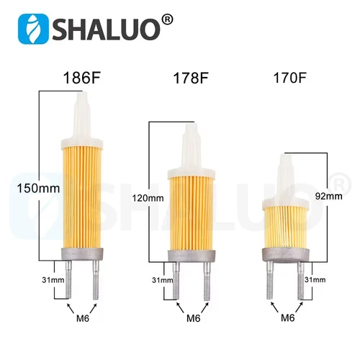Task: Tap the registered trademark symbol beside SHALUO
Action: click(167, 19)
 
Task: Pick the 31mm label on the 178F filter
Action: click(161, 279)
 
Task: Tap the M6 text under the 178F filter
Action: click(192, 318)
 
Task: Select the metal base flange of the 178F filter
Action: click(192, 256)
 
